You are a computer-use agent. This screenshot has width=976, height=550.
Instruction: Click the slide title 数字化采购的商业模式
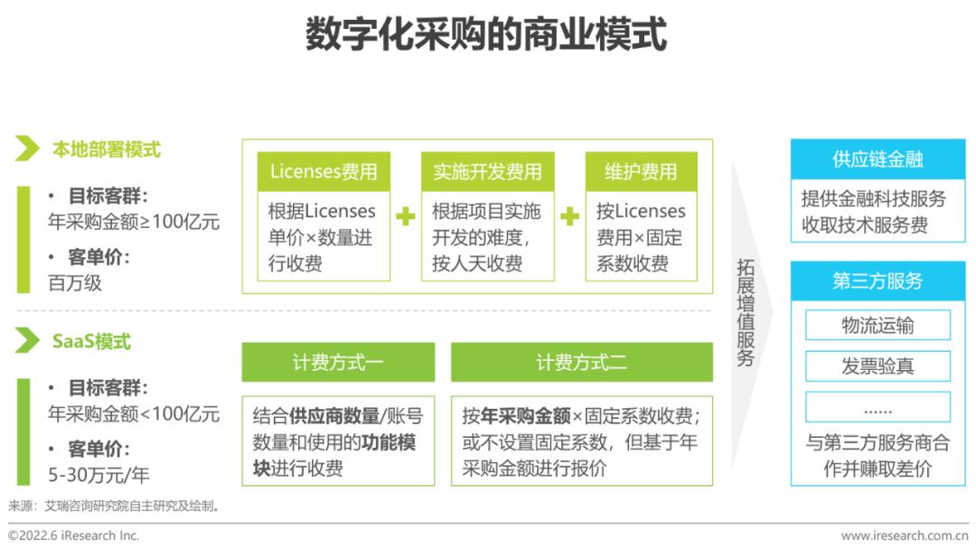[486, 36]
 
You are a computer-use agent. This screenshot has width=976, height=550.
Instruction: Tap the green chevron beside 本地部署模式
[27, 149]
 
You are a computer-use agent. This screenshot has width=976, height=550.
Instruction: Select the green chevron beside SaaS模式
[27, 341]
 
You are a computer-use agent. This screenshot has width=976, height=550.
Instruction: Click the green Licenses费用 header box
[324, 172]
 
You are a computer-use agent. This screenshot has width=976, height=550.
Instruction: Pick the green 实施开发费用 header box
[487, 172]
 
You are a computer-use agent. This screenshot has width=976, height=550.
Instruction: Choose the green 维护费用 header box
[641, 172]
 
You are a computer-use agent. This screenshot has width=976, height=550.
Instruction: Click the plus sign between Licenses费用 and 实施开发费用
[406, 216]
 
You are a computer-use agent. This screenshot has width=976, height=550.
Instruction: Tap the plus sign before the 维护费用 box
[569, 216]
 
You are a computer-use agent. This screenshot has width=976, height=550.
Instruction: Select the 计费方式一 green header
[338, 362]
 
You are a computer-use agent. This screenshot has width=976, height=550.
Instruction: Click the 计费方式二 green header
[581, 362]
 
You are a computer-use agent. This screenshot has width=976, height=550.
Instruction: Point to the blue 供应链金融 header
[877, 159]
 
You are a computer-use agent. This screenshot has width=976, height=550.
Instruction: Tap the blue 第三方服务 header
[877, 281]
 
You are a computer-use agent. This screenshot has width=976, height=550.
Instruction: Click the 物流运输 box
[877, 325]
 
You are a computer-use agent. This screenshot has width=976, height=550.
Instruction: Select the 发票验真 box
[877, 366]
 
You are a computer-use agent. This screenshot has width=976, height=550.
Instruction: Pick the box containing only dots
[877, 408]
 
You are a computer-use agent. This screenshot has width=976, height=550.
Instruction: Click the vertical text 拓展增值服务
[746, 312]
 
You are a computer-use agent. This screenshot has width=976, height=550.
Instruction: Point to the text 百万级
[75, 282]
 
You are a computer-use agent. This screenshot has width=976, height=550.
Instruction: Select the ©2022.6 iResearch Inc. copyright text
[74, 536]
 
